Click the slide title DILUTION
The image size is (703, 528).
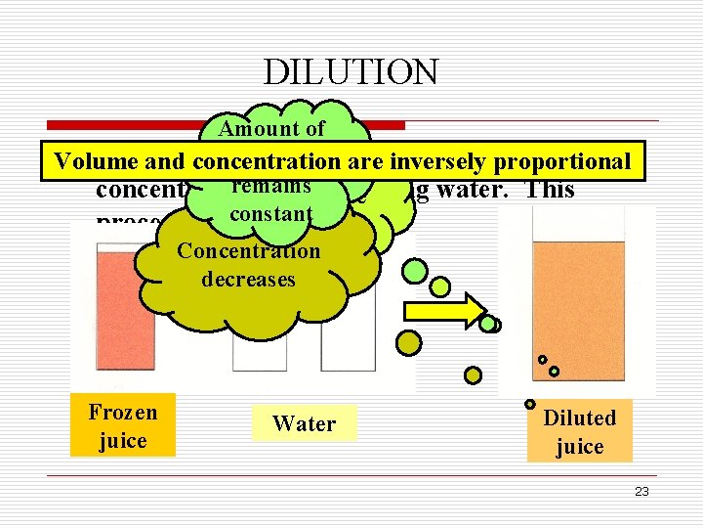click(351, 71)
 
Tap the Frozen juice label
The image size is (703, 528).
click(122, 426)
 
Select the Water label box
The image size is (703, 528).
click(304, 423)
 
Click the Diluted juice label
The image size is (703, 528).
click(579, 431)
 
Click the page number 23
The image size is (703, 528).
click(641, 492)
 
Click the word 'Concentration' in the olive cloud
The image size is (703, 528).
click(248, 250)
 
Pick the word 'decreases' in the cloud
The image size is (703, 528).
click(248, 279)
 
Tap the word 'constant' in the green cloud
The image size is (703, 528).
click(270, 212)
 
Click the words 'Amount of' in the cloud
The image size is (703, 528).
click(271, 128)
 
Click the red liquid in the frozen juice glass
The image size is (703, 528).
click(117, 313)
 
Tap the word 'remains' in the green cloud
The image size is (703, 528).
click(278, 186)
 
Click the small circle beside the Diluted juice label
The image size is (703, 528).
click(530, 404)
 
